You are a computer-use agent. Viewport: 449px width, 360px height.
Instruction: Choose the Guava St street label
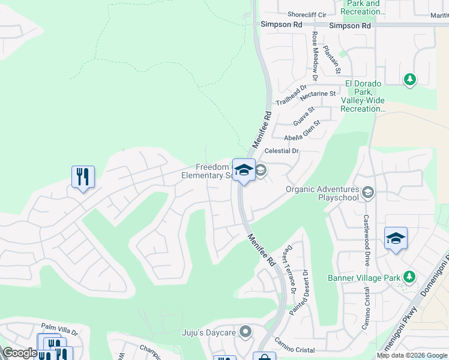point(304,116)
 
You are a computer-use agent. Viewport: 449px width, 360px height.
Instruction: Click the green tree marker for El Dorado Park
point(410,79)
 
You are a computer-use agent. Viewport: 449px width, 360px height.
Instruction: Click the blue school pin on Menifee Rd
point(244,170)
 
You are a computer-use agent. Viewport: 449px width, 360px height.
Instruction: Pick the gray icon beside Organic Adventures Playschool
point(369,193)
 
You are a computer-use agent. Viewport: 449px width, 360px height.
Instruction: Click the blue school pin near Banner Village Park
point(396,239)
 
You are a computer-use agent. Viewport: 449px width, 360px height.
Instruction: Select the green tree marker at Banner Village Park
point(409,277)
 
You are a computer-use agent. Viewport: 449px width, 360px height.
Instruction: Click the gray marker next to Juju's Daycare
point(245,332)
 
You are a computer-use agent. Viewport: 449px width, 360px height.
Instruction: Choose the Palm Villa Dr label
point(59,332)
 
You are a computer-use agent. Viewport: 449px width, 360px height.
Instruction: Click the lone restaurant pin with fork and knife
point(83,177)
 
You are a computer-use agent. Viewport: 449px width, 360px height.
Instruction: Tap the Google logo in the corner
point(20,353)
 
